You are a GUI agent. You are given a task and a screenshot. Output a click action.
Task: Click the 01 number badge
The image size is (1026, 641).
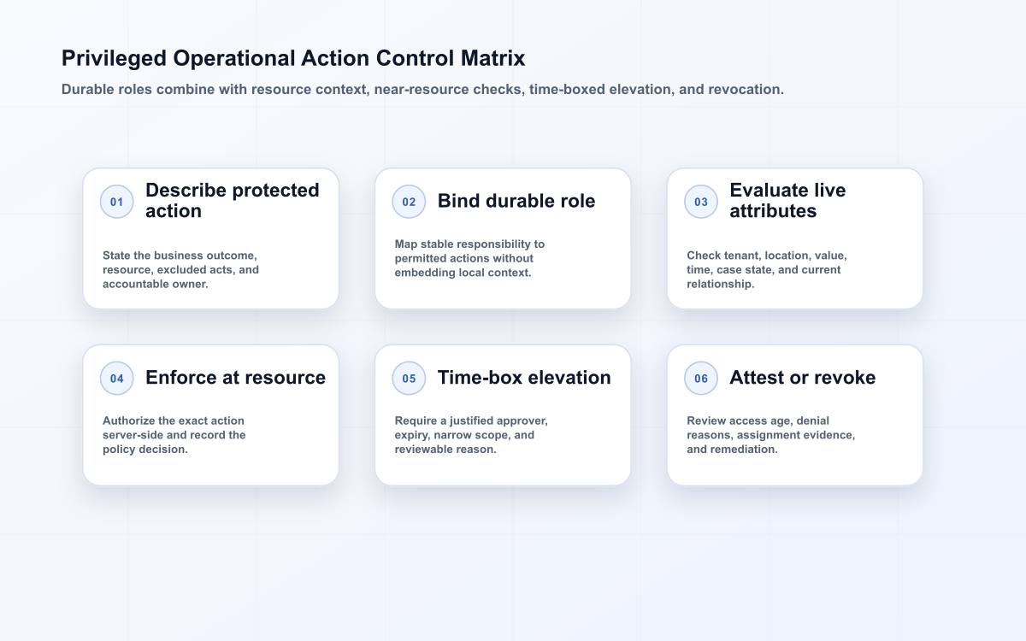point(117,202)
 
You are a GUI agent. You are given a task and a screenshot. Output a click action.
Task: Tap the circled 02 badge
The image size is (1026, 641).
point(409,202)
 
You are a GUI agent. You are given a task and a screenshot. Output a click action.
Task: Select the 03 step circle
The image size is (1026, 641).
point(701,202)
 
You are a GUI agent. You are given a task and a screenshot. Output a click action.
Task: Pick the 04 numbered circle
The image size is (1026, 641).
point(117,378)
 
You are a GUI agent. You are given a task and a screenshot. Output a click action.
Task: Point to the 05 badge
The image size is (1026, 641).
point(409,378)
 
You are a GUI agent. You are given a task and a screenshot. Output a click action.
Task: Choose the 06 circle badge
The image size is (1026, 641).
point(701,378)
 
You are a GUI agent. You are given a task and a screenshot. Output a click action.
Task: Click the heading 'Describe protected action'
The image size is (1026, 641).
point(233,201)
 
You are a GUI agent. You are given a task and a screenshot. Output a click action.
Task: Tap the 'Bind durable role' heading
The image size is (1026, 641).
point(516,201)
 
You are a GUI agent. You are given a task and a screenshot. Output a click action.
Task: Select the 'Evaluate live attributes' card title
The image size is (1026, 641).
point(787,201)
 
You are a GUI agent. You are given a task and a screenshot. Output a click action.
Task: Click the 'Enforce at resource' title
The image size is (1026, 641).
point(235,378)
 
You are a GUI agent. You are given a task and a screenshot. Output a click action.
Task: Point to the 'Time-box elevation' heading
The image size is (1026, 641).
point(524,378)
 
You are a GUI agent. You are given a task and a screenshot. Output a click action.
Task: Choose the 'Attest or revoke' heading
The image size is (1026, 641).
point(803,378)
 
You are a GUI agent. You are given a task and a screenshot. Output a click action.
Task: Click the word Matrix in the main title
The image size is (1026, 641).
point(492,58)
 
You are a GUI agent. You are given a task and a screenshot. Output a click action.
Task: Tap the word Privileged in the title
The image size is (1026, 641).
point(114,59)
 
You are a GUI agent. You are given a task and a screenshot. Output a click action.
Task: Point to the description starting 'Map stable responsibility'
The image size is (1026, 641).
point(469,258)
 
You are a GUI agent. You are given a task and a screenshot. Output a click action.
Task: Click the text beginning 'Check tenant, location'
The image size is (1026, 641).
point(767,270)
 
